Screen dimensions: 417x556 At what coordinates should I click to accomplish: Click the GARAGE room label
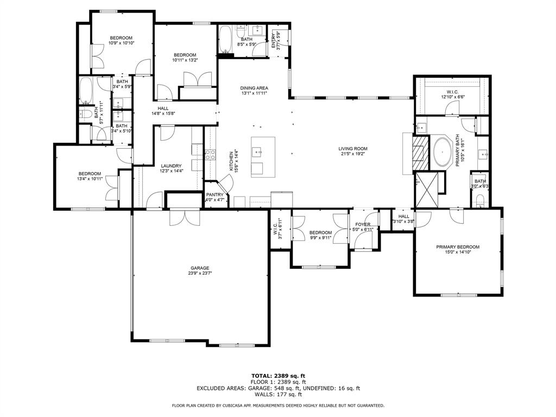[200, 268]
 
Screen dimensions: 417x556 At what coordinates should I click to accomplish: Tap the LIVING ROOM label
[353, 149]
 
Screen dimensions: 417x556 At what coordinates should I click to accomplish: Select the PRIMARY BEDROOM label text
[458, 247]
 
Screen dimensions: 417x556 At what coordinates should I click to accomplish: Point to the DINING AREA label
[255, 88]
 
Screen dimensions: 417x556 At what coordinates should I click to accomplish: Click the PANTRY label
[215, 194]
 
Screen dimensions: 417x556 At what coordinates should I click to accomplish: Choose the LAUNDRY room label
[171, 166]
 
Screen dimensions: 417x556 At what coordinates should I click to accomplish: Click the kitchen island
[263, 156]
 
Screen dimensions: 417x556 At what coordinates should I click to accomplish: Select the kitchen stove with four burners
[210, 155]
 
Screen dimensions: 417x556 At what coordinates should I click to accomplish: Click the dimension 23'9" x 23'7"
[200, 274]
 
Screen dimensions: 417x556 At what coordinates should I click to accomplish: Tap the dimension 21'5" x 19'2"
[353, 155]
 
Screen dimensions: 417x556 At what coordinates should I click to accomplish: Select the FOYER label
[363, 224]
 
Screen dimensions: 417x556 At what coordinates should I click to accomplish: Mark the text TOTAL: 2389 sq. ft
[278, 376]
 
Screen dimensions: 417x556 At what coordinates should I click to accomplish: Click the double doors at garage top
[185, 217]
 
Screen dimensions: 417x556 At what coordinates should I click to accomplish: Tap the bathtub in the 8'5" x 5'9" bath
[225, 40]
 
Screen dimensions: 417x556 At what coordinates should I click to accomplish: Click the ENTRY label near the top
[274, 41]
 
